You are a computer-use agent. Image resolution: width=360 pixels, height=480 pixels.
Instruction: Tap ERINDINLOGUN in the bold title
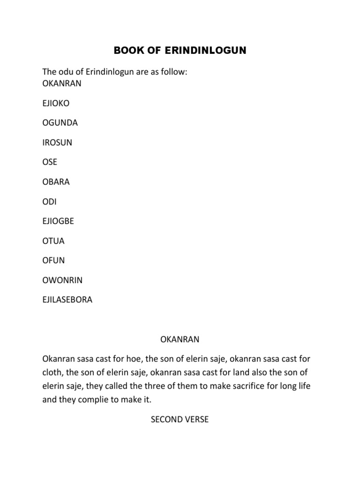pos(203,50)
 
